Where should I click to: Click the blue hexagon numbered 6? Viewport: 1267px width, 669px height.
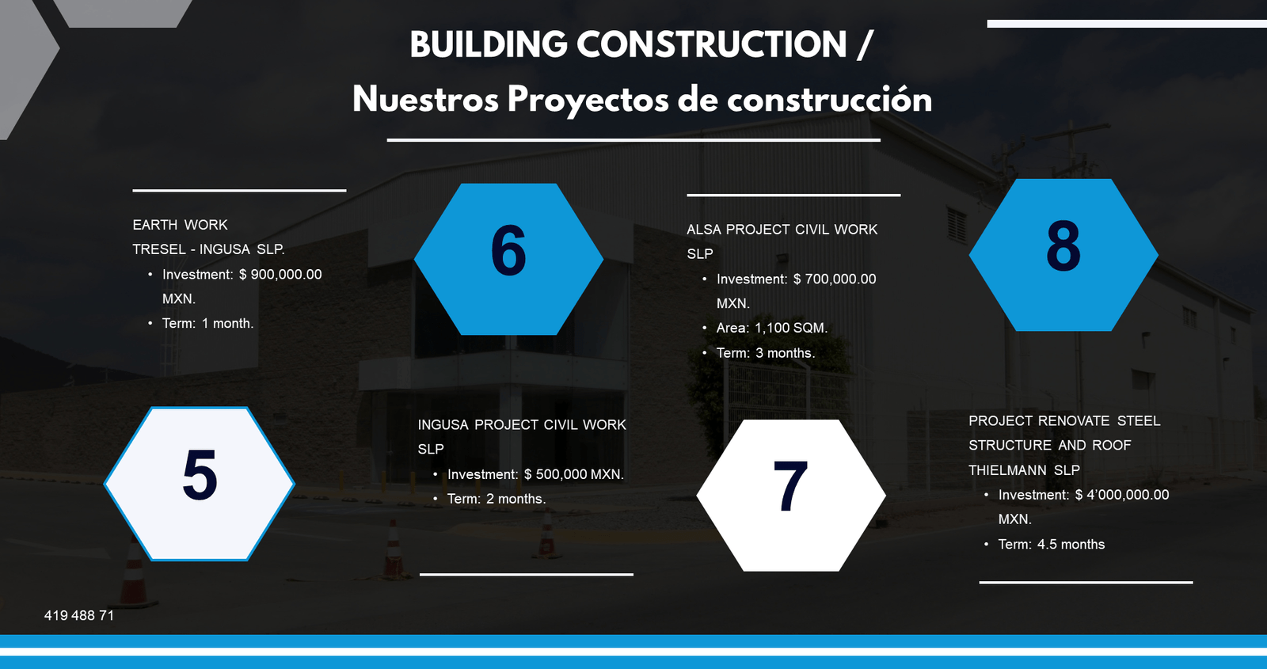(508, 259)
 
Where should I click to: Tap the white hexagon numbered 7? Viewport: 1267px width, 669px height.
(790, 495)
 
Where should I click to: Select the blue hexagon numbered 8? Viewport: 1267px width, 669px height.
(1063, 254)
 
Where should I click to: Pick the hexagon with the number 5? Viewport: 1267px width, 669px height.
(200, 483)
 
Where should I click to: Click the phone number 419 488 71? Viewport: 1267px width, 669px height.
(79, 615)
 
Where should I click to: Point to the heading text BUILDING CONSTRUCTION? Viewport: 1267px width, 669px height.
(628, 44)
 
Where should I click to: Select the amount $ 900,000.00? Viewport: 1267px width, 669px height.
(280, 275)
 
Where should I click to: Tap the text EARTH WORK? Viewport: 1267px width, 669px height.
(180, 225)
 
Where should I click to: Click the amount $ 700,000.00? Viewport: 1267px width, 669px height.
(835, 279)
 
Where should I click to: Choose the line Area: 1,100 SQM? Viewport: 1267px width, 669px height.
(771, 328)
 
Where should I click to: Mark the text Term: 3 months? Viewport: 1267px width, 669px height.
(765, 353)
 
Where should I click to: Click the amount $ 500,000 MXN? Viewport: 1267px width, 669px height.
(573, 474)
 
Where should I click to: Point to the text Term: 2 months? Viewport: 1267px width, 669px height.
(496, 499)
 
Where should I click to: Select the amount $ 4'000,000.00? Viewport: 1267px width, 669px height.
(1121, 495)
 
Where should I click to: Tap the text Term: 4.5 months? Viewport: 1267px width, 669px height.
(1051, 544)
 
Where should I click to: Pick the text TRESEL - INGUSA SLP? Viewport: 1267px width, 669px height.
(208, 249)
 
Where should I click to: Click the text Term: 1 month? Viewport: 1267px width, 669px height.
(207, 323)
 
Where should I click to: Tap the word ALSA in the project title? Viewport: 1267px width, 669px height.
(703, 230)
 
